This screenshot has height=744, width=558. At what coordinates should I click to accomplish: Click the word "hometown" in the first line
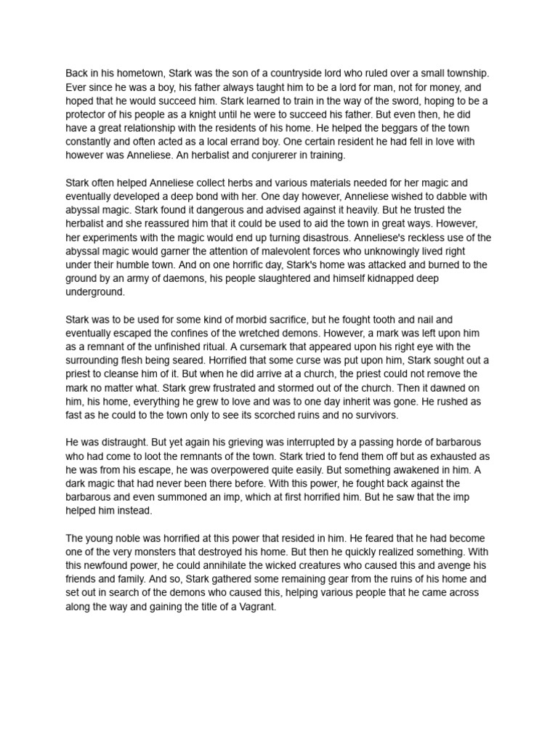[x=140, y=73]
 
